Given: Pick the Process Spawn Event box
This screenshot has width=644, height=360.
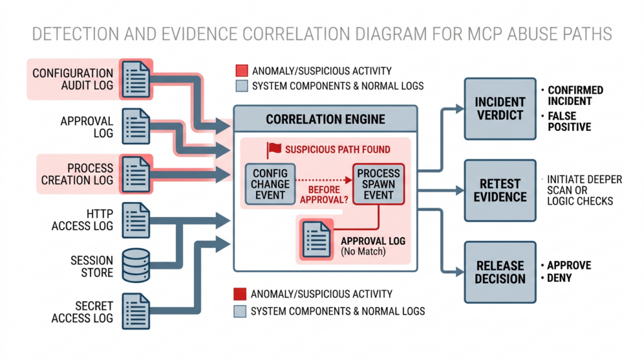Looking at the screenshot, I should pyautogui.click(x=379, y=184).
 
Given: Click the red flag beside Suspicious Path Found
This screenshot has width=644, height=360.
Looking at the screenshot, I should pyautogui.click(x=274, y=150).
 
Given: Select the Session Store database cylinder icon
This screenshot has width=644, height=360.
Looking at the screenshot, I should pyautogui.click(x=136, y=265).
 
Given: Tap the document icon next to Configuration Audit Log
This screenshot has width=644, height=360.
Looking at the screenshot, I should pyautogui.click(x=136, y=79).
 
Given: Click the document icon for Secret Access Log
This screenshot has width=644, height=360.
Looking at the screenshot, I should pyautogui.click(x=136, y=311).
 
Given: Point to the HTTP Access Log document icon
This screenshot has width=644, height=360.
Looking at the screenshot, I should pyautogui.click(x=136, y=219).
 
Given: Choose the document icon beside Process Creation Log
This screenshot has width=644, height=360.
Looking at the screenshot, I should pyautogui.click(x=136, y=172).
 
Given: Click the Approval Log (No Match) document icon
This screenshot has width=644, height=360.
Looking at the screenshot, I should pyautogui.click(x=316, y=240).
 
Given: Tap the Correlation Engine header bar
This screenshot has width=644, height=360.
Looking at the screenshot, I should pyautogui.click(x=325, y=118).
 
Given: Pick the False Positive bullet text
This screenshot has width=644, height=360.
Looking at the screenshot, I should pyautogui.click(x=569, y=121).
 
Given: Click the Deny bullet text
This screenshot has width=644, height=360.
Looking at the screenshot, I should pyautogui.click(x=559, y=278).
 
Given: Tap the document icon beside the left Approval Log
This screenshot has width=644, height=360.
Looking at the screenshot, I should pyautogui.click(x=136, y=126).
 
